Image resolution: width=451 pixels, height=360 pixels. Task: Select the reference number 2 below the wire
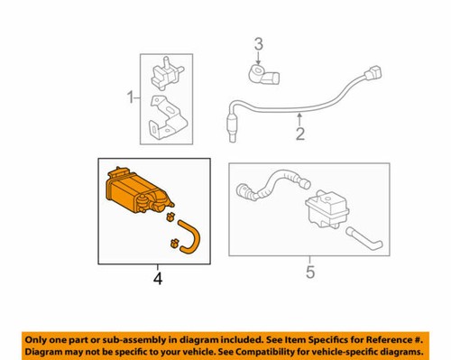click(x=299, y=137)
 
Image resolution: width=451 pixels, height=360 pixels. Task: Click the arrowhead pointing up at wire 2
click(x=299, y=116)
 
